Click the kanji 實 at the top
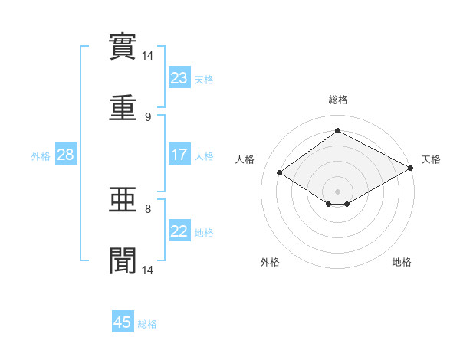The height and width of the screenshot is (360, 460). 123,47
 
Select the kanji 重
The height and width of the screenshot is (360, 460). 123,108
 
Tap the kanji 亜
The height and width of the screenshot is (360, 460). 123,200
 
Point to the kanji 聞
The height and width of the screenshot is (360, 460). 123,260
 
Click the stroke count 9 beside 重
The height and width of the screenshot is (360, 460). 148,117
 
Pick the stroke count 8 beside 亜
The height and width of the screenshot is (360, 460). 148,209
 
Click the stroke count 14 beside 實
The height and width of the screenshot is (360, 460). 147,56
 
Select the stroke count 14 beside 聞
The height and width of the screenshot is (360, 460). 147,270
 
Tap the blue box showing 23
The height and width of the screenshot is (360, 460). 179,77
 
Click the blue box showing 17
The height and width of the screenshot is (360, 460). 179,154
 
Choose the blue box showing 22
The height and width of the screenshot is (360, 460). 179,230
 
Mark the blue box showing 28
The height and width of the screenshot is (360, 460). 66,154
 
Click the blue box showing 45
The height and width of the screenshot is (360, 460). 123,321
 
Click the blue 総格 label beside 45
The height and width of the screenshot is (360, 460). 147,324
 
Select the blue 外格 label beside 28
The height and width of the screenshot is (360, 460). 41,156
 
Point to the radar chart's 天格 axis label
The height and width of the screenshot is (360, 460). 431,159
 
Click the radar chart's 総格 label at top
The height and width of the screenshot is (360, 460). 338,100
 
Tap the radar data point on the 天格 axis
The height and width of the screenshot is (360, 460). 411,168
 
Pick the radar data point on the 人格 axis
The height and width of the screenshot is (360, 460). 280,172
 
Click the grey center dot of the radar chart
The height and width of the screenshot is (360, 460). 337,191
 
